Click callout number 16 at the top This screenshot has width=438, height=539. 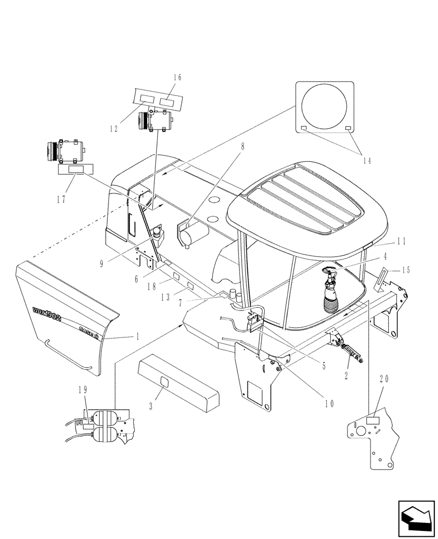click(x=177, y=77)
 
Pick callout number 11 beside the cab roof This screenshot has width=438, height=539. click(x=401, y=241)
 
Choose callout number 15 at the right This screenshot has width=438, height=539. click(x=406, y=269)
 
